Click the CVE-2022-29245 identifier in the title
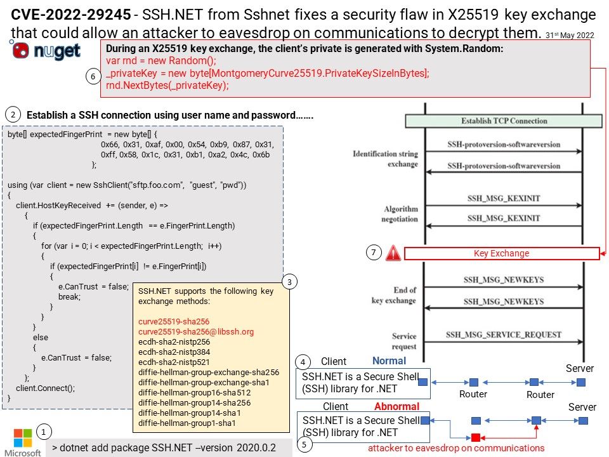coord(70,15)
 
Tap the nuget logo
coord(46,50)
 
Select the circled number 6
coord(93,77)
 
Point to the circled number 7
coord(374,253)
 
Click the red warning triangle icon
coord(393,253)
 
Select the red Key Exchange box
coord(502,253)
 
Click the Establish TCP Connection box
coord(504,121)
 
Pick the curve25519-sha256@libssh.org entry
coord(196,332)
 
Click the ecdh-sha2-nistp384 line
coord(174,352)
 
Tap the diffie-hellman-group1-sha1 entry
coord(187,423)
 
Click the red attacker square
coord(476,437)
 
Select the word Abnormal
coord(396,406)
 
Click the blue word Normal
coord(389,361)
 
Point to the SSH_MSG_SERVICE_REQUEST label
coord(504,334)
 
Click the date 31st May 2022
coord(570,36)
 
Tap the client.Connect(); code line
coord(46,388)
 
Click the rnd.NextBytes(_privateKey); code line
coord(167,86)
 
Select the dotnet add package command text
coord(164,447)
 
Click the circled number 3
coord(289,282)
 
